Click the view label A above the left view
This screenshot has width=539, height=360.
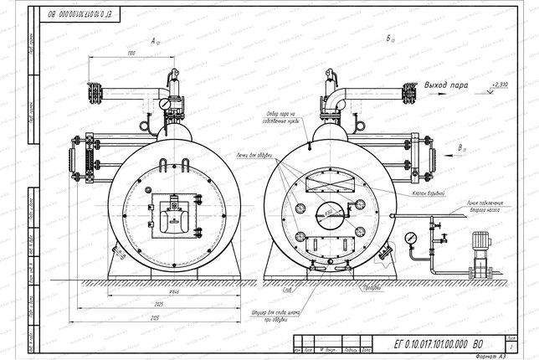[x=154, y=39]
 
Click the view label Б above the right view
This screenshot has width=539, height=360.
[x=391, y=39]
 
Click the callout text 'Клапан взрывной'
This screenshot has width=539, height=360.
[x=425, y=193]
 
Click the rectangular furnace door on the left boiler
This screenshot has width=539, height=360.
[x=173, y=216]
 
